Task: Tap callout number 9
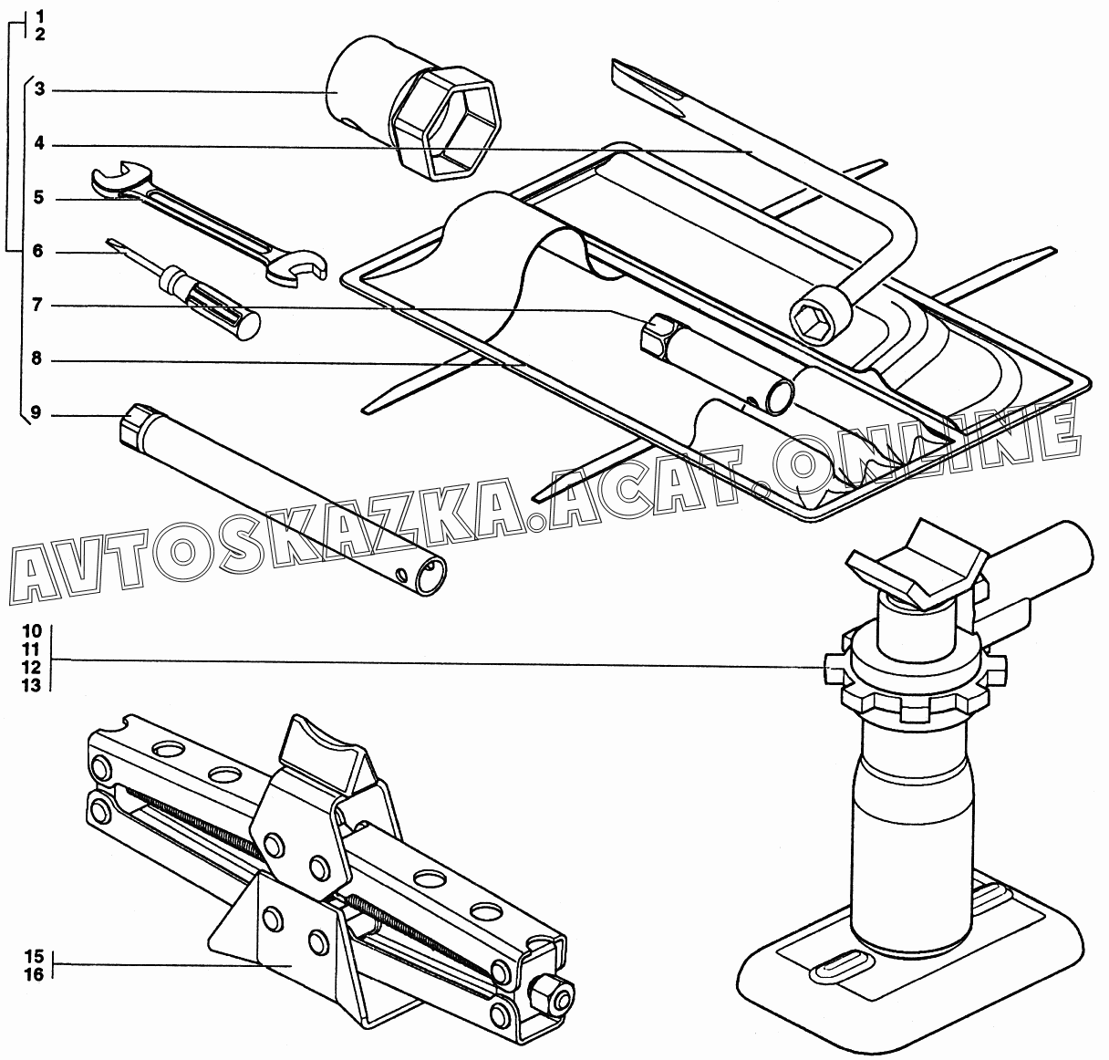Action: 36,414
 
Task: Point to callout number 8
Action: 36,359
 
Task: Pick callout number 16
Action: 35,973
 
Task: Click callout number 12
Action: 31,667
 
